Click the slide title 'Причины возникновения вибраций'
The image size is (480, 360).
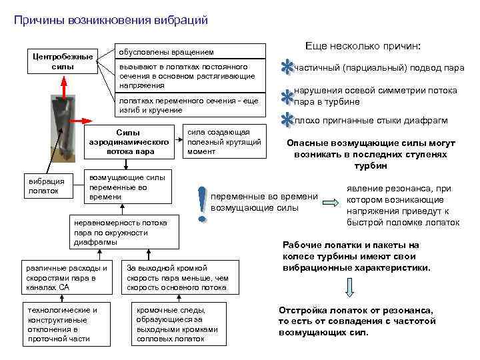click(x=111, y=21)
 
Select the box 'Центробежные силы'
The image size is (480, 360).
click(x=63, y=61)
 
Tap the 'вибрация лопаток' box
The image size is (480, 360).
click(x=43, y=185)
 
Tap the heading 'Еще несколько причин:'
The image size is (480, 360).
click(x=363, y=46)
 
